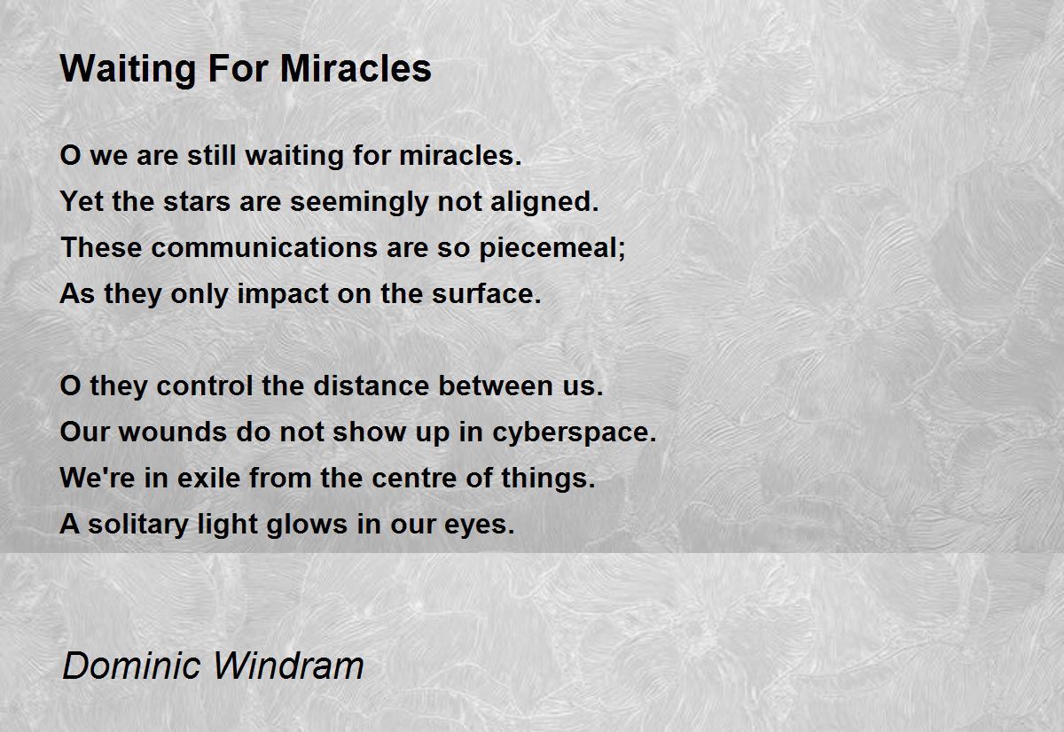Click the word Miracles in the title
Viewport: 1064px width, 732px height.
click(x=356, y=69)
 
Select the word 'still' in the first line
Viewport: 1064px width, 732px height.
click(x=211, y=155)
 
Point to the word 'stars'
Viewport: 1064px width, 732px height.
click(x=197, y=202)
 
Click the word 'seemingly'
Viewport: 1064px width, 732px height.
click(x=359, y=203)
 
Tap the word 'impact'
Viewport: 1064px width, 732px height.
click(x=283, y=295)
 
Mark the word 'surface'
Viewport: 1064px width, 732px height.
click(x=482, y=294)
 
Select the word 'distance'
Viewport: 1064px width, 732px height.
click(x=372, y=385)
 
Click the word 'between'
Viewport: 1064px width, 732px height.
click(x=496, y=385)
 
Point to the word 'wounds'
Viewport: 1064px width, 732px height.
click(x=172, y=432)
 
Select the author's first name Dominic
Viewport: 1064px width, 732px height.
click(x=131, y=666)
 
